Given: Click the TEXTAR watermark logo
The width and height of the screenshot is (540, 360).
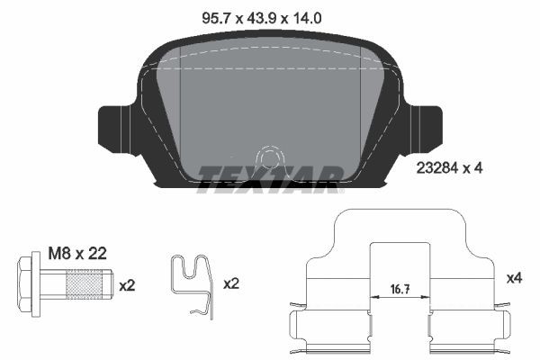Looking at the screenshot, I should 269,177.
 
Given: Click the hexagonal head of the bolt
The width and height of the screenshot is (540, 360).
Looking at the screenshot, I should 29,284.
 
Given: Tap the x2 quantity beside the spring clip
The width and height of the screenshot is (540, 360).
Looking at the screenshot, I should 231,283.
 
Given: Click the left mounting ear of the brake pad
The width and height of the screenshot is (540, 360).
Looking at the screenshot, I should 115,126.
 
